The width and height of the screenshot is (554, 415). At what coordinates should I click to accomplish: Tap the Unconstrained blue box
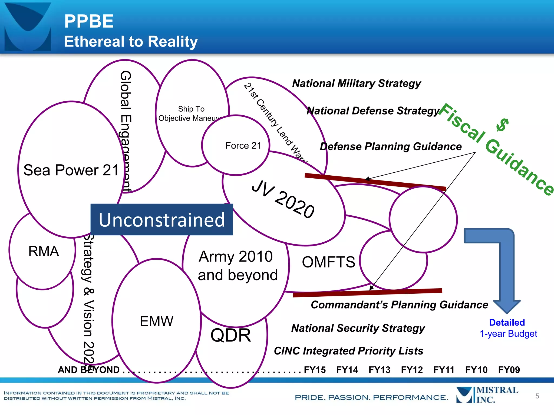[161, 219]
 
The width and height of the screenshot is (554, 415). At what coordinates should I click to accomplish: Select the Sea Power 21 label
[71, 170]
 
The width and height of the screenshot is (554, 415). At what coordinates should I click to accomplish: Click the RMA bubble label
[44, 251]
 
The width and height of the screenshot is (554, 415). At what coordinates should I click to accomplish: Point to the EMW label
[156, 321]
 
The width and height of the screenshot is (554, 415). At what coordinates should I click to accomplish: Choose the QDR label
[230, 335]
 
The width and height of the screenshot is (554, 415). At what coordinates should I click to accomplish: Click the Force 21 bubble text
[243, 146]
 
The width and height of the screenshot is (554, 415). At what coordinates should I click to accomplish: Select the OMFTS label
[328, 262]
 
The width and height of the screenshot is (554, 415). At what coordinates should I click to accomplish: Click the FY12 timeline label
[412, 370]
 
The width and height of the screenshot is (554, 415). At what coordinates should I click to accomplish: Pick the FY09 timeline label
[509, 370]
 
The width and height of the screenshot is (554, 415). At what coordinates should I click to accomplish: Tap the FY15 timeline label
[315, 370]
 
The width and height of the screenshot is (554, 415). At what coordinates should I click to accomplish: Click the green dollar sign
[503, 125]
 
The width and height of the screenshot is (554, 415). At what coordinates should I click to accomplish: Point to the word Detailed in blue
[507, 322]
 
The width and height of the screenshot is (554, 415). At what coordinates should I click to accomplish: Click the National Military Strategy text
[357, 83]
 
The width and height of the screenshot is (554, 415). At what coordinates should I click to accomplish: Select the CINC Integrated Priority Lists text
[348, 351]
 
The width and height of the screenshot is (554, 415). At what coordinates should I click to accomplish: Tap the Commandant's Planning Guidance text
[399, 305]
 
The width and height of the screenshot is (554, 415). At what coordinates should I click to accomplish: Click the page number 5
[537, 396]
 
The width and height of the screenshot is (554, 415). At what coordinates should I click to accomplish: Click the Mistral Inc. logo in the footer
[487, 395]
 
